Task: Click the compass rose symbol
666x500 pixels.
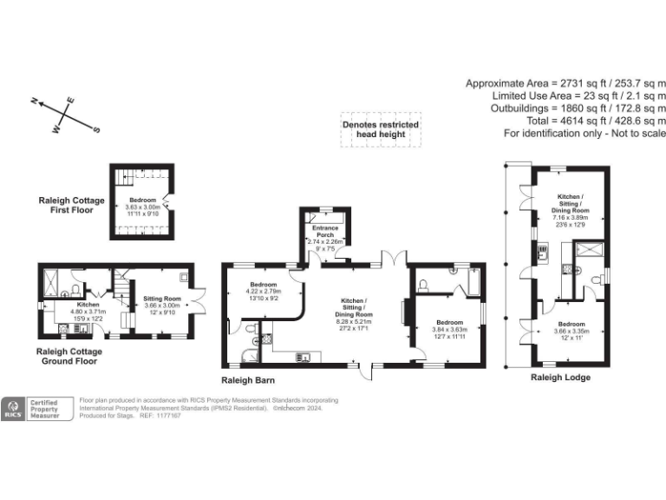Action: pos(66,116)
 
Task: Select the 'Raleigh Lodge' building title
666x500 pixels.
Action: pos(560,378)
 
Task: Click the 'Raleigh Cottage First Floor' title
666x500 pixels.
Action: pos(71,205)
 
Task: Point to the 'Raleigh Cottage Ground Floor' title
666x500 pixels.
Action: pos(69,356)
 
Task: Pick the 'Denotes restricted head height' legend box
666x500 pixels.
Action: pos(380,129)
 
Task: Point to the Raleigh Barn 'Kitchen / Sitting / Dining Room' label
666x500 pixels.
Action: pos(351,306)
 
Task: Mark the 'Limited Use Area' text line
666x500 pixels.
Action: pos(579,95)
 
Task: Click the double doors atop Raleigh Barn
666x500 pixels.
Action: pos(395,257)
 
